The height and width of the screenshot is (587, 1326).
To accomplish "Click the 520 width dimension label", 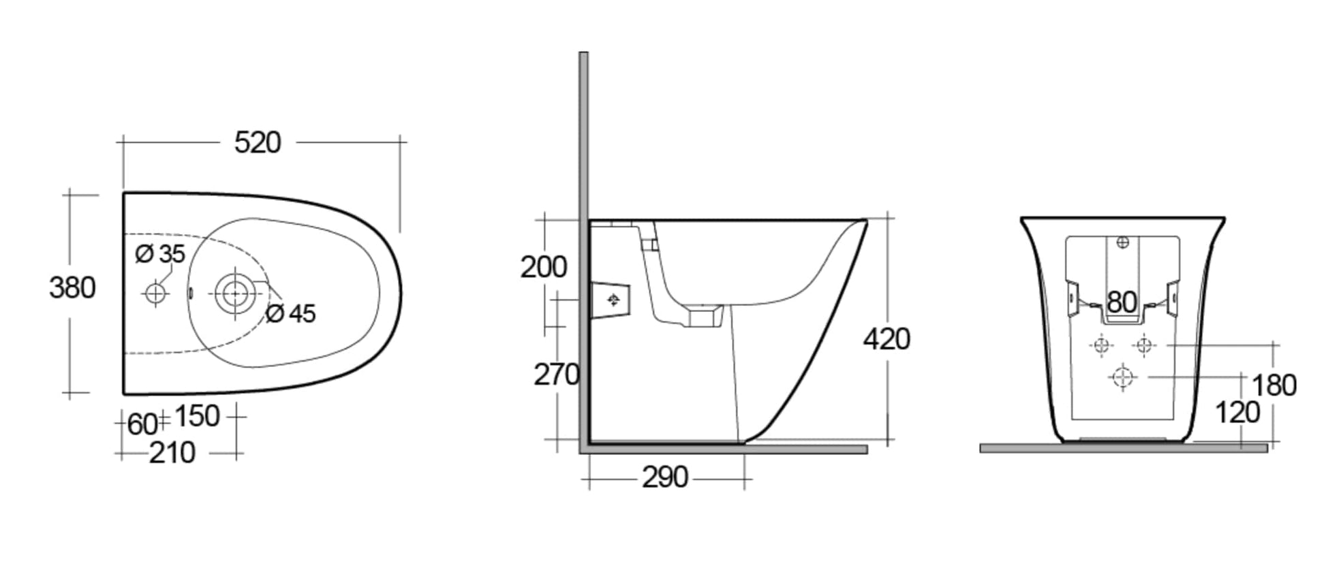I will pos(257,142).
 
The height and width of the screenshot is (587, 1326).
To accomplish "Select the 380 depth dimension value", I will pos(72,287).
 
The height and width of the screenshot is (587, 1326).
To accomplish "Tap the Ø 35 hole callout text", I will pos(160,254).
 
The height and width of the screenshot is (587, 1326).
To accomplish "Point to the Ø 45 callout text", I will pos(291,313).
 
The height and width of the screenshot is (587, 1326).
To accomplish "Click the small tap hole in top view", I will pos(156,293).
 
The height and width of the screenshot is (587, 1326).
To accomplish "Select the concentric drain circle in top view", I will pos(234,294).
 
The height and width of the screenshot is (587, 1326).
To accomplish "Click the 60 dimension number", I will pos(142,425).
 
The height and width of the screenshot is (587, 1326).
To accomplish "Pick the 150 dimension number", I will pos(197,416).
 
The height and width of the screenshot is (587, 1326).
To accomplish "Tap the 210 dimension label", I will pos(172,453).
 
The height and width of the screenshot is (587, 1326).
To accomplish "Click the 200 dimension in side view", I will pos(543,267).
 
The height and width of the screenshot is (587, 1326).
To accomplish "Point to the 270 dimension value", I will pos(556,375).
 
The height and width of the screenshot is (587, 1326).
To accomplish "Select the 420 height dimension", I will pos(886,339).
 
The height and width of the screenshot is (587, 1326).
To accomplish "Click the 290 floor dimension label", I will pos(664,478).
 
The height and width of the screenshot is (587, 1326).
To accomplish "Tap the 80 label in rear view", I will pos(1122,302).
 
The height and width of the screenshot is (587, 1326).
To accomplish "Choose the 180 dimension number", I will pos(1274,386).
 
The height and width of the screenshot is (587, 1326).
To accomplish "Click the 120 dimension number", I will pos(1237,413).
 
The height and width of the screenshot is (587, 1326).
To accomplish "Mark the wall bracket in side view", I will pos(611,300).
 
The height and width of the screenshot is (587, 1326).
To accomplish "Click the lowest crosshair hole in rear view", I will pos(1122,377).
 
